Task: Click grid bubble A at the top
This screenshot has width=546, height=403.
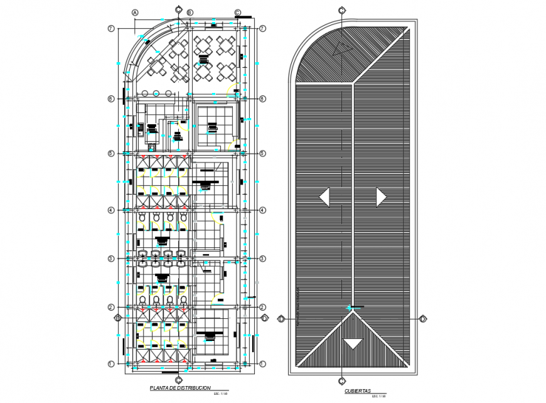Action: point(134,13)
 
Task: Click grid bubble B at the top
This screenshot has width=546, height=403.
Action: point(190,13)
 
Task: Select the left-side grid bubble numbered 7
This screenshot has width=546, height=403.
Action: point(110,29)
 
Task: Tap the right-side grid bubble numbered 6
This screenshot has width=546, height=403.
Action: point(263,99)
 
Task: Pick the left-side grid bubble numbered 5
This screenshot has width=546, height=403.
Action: point(110,154)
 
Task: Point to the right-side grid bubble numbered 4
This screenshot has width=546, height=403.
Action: point(263,210)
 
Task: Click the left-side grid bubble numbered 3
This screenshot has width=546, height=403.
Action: point(110,259)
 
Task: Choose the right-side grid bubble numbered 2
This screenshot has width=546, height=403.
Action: point(263,307)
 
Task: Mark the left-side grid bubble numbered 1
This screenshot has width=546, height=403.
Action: point(110,363)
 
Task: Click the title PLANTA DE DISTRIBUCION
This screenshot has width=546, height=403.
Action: point(180,389)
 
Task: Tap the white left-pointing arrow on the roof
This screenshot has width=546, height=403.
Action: point(324,197)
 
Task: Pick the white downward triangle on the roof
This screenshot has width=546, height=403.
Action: point(353,343)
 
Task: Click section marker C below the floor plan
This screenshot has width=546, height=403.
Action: point(179,380)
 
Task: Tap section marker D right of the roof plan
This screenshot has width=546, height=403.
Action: point(423,319)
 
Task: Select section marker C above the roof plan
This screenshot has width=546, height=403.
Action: point(341,10)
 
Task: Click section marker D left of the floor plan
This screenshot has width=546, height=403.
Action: point(117,318)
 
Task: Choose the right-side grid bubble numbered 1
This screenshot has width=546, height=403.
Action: point(263,363)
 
